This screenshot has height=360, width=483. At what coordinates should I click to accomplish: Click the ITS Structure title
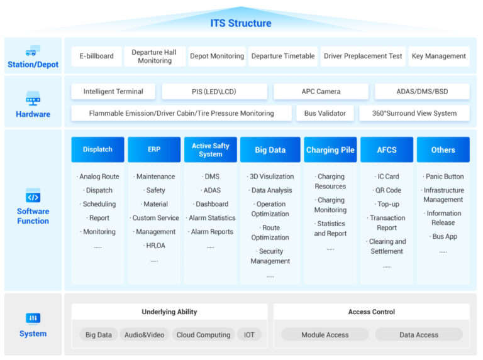(241, 23)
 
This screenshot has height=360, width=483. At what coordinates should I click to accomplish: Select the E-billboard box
(96, 56)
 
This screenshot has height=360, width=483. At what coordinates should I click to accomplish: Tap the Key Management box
(438, 56)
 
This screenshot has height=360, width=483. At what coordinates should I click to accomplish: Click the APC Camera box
(321, 92)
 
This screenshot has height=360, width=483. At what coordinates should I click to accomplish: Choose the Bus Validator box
(325, 114)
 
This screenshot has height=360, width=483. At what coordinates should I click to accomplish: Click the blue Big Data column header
(270, 150)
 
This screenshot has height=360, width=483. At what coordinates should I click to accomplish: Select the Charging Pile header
(330, 150)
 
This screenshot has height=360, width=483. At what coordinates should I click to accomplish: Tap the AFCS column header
(387, 150)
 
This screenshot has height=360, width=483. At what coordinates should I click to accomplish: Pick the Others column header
(443, 150)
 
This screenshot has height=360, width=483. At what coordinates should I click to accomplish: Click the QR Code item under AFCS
(387, 190)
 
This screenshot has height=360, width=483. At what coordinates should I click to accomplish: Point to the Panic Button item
(443, 177)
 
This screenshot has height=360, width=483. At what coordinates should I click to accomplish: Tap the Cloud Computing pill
(203, 335)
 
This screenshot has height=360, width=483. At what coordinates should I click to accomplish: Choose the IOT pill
(250, 335)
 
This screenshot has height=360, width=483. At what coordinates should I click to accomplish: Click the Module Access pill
(325, 335)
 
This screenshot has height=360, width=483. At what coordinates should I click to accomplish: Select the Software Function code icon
(33, 197)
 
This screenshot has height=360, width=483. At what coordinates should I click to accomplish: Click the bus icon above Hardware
(33, 99)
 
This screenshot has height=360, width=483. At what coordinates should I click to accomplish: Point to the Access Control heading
(371, 312)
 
